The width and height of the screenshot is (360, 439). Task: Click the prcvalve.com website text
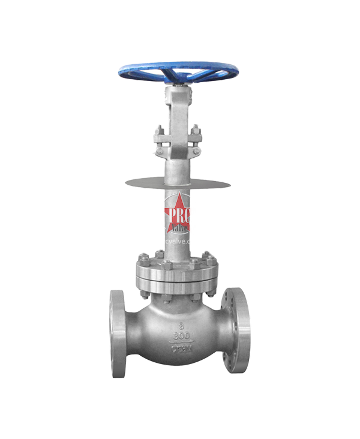click(x=179, y=241)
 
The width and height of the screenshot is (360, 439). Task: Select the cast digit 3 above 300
click(x=179, y=323)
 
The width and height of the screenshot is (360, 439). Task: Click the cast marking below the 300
click(x=179, y=347)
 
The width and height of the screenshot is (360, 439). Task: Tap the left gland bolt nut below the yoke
click(x=158, y=133)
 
